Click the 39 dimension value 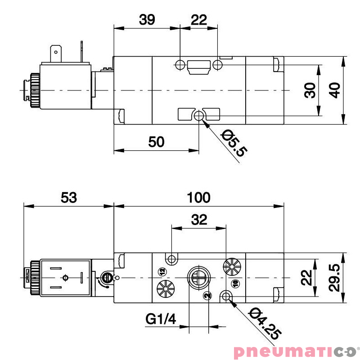147,20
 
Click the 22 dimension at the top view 198,20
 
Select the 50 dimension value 156,142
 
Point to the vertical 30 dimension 310,90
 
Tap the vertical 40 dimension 334,90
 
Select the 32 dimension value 199,220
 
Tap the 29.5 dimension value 334,278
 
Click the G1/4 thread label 161,319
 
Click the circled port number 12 162,271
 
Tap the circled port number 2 207,296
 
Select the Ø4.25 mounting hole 226,296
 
